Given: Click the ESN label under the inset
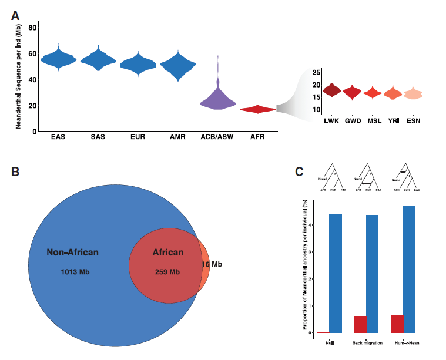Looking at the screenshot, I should tap(413, 120).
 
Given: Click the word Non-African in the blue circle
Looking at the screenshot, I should tap(72, 253).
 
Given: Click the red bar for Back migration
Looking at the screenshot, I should tap(360, 324).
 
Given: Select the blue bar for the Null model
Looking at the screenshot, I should tap(336, 273).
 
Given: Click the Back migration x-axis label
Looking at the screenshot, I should tap(367, 343).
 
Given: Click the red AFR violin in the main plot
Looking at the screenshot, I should tap(257, 109).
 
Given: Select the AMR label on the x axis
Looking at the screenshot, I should tap(177, 137).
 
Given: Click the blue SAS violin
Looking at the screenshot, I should tap(98, 59).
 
